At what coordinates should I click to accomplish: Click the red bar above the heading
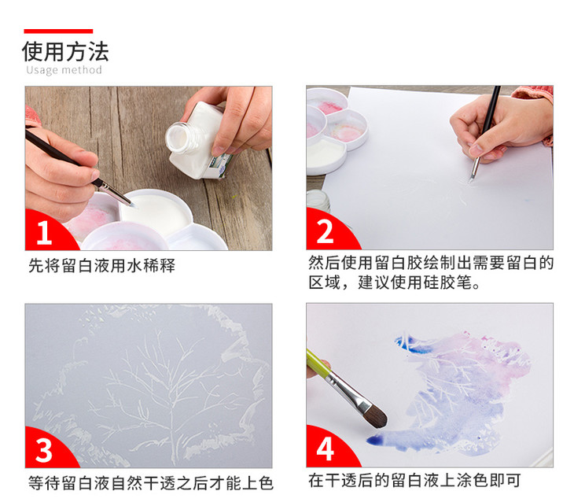click(58, 31)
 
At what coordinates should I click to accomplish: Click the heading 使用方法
click(65, 52)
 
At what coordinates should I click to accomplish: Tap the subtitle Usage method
click(64, 70)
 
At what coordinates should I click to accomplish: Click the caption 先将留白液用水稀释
click(101, 266)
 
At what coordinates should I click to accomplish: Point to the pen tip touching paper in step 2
click(470, 180)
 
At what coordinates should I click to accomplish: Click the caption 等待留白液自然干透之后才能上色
click(151, 483)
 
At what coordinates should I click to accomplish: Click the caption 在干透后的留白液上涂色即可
click(414, 481)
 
